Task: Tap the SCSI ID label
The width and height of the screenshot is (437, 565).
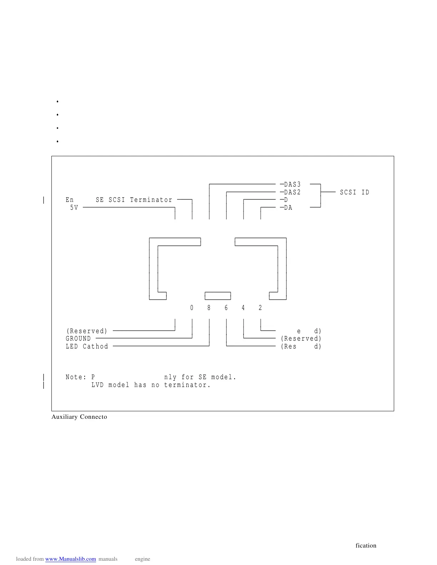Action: (354, 192)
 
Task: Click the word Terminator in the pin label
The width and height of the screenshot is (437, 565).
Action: (151, 200)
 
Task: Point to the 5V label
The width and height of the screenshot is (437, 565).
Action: (74, 208)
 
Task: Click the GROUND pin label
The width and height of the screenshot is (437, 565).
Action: (78, 339)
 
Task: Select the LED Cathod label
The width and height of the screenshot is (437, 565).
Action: (87, 346)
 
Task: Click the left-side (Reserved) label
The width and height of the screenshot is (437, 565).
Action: (87, 331)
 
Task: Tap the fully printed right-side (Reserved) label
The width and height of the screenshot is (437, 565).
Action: (301, 339)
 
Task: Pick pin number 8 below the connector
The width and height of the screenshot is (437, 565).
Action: (209, 308)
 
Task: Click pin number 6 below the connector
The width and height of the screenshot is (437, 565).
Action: (226, 308)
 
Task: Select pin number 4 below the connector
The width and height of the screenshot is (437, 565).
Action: (243, 308)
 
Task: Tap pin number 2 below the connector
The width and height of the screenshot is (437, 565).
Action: (260, 308)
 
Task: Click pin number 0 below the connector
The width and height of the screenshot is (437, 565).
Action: (192, 308)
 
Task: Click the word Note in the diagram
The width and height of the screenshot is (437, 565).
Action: (74, 377)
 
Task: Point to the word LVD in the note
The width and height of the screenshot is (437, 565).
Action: (97, 385)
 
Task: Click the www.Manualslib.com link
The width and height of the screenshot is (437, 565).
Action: (70, 559)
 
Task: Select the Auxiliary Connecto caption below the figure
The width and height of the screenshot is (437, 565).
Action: (79, 417)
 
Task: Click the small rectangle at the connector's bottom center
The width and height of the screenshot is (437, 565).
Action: (218, 296)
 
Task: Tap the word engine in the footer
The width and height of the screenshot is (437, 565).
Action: (142, 559)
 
